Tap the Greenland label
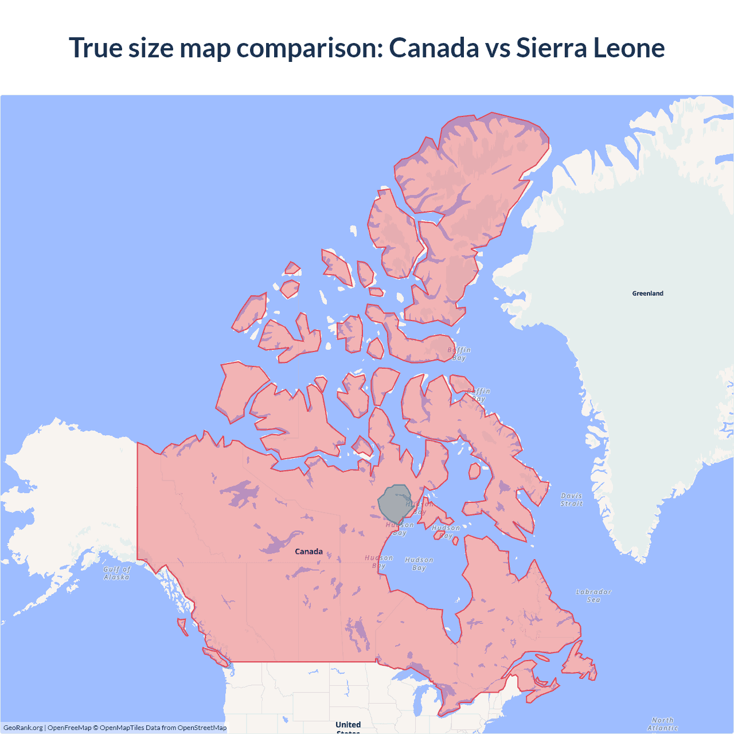point(647,293)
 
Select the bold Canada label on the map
point(309,551)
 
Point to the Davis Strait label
point(571,499)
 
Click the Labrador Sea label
point(594,595)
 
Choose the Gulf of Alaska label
point(117,573)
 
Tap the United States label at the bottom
point(348,726)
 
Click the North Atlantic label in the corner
point(662,724)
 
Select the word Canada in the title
point(434,48)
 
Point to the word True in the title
point(95,48)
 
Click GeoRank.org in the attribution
point(23,728)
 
